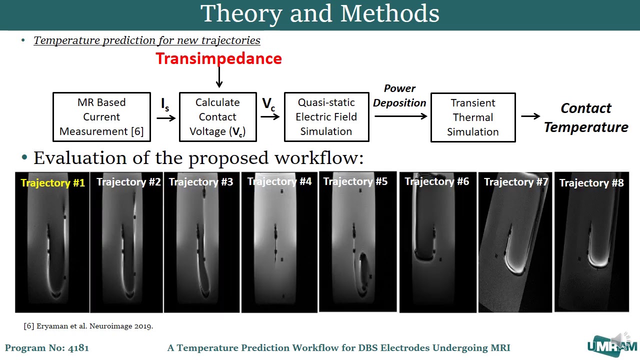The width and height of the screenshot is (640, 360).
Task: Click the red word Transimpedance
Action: (x=218, y=58)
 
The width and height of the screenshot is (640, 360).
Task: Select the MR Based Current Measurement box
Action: (x=101, y=117)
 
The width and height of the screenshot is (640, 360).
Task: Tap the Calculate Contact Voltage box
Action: (x=217, y=117)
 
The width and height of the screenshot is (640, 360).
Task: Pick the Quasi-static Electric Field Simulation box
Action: (x=326, y=117)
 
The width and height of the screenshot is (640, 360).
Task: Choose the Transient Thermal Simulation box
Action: (x=472, y=117)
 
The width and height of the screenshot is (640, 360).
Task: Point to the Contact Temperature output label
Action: (x=585, y=117)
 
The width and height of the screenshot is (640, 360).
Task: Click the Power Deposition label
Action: (x=399, y=95)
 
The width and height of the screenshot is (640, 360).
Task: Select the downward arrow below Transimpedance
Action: (x=218, y=78)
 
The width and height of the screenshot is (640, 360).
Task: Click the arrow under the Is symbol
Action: (x=166, y=118)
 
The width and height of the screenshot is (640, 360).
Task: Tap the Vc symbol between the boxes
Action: (x=268, y=104)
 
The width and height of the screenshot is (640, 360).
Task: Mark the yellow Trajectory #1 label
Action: (x=53, y=183)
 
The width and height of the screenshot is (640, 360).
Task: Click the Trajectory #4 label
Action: (x=279, y=181)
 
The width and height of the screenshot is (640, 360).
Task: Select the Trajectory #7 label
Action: (x=516, y=182)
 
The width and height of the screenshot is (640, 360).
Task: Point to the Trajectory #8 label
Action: (x=591, y=183)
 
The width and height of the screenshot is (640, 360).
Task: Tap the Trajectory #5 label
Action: (x=355, y=181)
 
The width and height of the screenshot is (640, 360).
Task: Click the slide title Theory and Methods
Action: (x=320, y=13)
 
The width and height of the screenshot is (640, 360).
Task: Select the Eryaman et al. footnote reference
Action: (x=88, y=326)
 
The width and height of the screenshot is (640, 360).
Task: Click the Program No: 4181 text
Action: (x=47, y=348)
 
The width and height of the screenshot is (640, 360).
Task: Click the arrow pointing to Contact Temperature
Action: (x=530, y=116)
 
